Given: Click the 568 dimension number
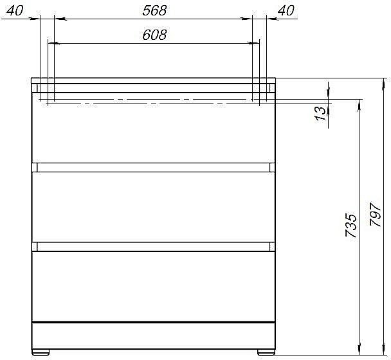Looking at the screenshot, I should pyautogui.click(x=153, y=10).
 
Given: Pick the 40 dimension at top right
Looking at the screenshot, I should pyautogui.click(x=285, y=10).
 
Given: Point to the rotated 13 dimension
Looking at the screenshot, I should pyautogui.click(x=320, y=114).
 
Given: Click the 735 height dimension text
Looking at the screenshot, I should pyautogui.click(x=350, y=226).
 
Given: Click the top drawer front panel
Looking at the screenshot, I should pyautogui.click(x=153, y=132).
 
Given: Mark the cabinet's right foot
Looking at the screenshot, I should pyautogui.click(x=264, y=352).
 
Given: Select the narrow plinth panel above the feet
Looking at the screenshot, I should pyautogui.click(x=153, y=335).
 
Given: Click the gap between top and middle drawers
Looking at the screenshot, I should pyautogui.click(x=153, y=167).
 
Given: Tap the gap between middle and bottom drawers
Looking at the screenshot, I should pyautogui.click(x=153, y=246).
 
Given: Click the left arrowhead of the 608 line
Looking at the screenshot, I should pyautogui.click(x=52, y=44).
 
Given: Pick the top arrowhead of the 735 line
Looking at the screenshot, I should pyautogui.click(x=356, y=103).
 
